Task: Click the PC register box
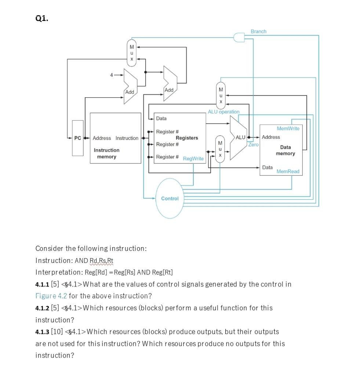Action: (77, 138)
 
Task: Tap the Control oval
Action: (170, 198)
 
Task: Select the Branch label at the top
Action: (258, 32)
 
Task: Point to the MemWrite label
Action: (288, 129)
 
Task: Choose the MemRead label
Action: (288, 171)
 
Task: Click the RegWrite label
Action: (193, 159)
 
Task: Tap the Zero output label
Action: (253, 145)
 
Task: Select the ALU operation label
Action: (223, 112)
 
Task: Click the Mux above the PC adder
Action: (131, 53)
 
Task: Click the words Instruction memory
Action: (106, 153)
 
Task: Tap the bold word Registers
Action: (187, 138)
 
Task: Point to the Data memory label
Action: (285, 150)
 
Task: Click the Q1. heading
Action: (41, 18)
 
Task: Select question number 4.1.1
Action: (42, 284)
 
